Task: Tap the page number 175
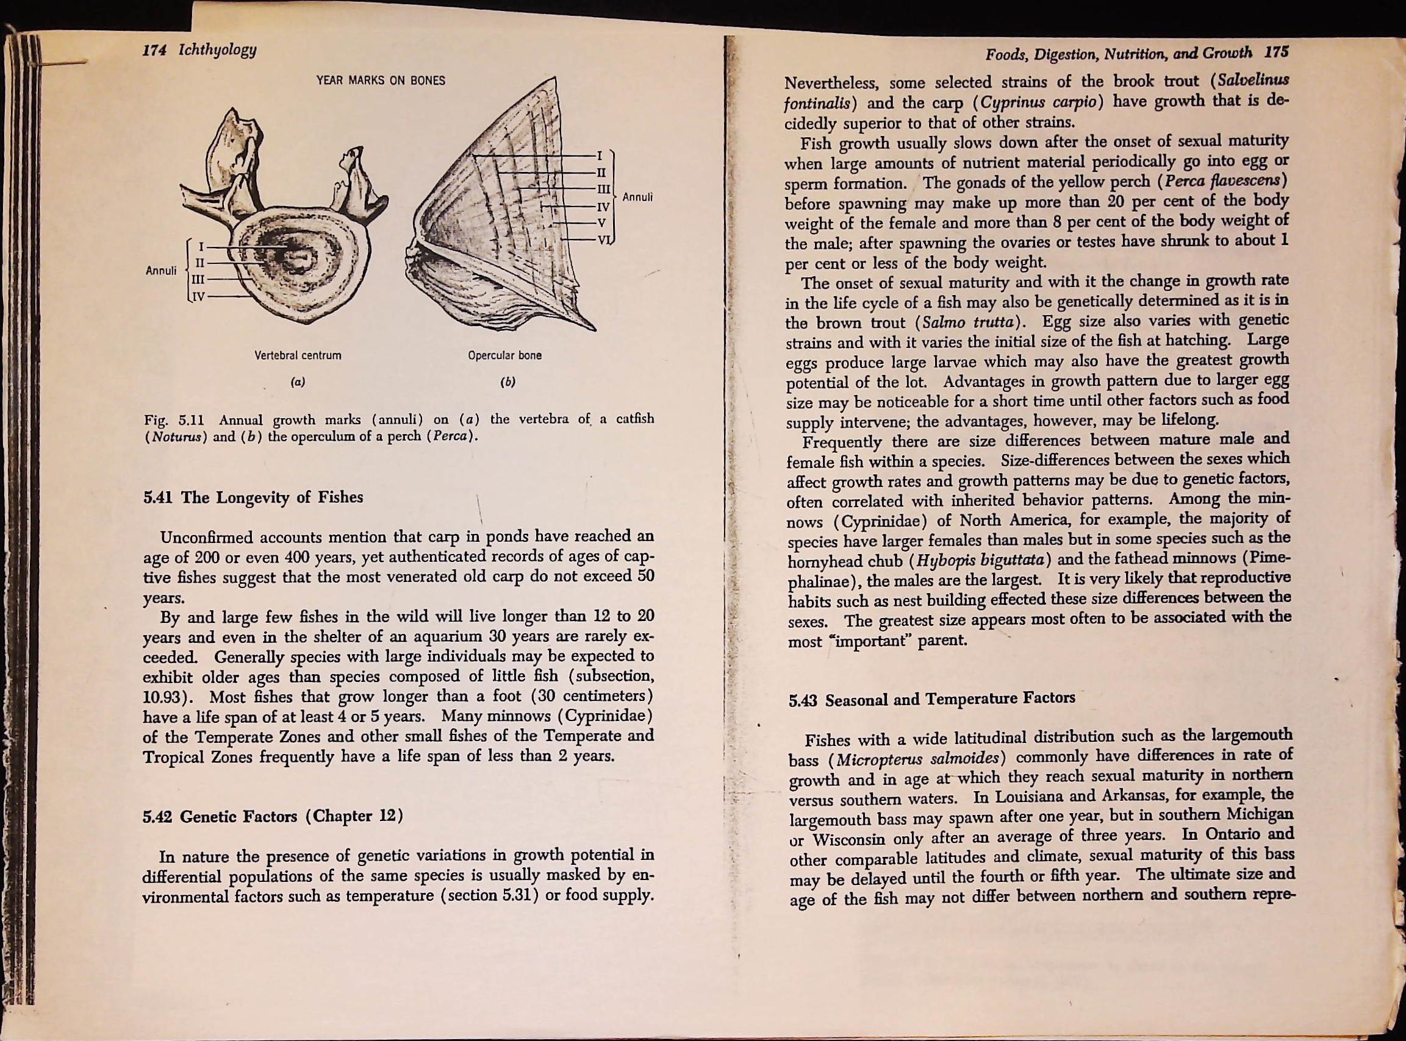[1274, 53]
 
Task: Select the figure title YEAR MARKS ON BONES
[380, 80]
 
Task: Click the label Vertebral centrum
[298, 355]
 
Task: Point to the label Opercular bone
[504, 355]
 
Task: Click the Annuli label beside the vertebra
[161, 271]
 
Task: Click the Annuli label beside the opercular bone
[637, 197]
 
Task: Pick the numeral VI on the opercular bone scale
[604, 240]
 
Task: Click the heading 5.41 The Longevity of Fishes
[254, 497]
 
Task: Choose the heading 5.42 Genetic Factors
[273, 817]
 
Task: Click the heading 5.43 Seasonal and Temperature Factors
[931, 699]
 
